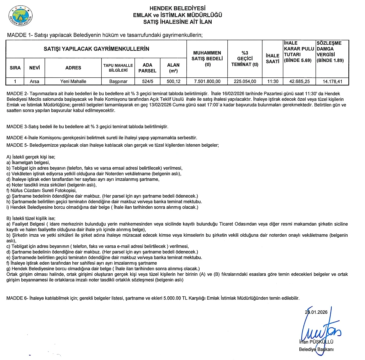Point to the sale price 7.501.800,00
[x=207, y=81]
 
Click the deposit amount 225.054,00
[x=245, y=81]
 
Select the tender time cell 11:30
[x=272, y=81]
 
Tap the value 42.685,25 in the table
[x=299, y=81]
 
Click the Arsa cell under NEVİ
[x=33, y=81]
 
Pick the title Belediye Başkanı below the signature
[x=316, y=349]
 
